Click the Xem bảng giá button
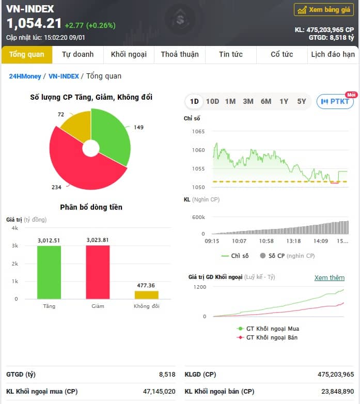[324, 10]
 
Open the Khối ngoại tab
[129, 54]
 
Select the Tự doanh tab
[78, 54]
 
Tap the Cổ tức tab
[281, 54]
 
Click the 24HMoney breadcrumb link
[25, 76]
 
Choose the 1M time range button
[230, 101]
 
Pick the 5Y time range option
[302, 101]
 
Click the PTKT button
[335, 101]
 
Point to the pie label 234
[56, 188]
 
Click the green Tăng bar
[49, 272]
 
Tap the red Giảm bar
[98, 272]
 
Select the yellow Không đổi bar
[147, 295]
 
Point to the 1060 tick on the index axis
[198, 150]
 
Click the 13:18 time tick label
[293, 241]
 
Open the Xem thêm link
[330, 278]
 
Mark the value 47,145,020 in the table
[159, 392]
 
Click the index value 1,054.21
[34, 23]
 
